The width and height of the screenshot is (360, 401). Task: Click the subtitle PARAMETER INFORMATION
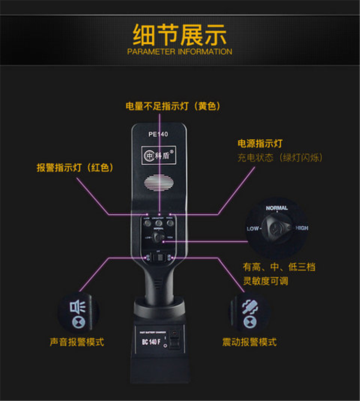pyautogui.click(x=180, y=51)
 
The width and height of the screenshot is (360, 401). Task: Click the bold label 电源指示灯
pyautogui.click(x=260, y=143)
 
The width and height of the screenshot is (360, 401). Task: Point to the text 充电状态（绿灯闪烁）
pyautogui.click(x=280, y=158)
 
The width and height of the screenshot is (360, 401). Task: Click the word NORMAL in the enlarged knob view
pyautogui.click(x=277, y=208)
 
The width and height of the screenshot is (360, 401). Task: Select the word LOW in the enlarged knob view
pyautogui.click(x=253, y=229)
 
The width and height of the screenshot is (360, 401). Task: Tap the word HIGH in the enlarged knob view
pyautogui.click(x=302, y=228)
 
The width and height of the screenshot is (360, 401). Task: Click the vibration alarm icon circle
pyautogui.click(x=248, y=313)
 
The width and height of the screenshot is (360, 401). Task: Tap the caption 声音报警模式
pyautogui.click(x=77, y=342)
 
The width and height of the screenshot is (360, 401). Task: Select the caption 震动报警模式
pyautogui.click(x=249, y=342)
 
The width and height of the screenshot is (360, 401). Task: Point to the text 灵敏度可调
pyautogui.click(x=265, y=281)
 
